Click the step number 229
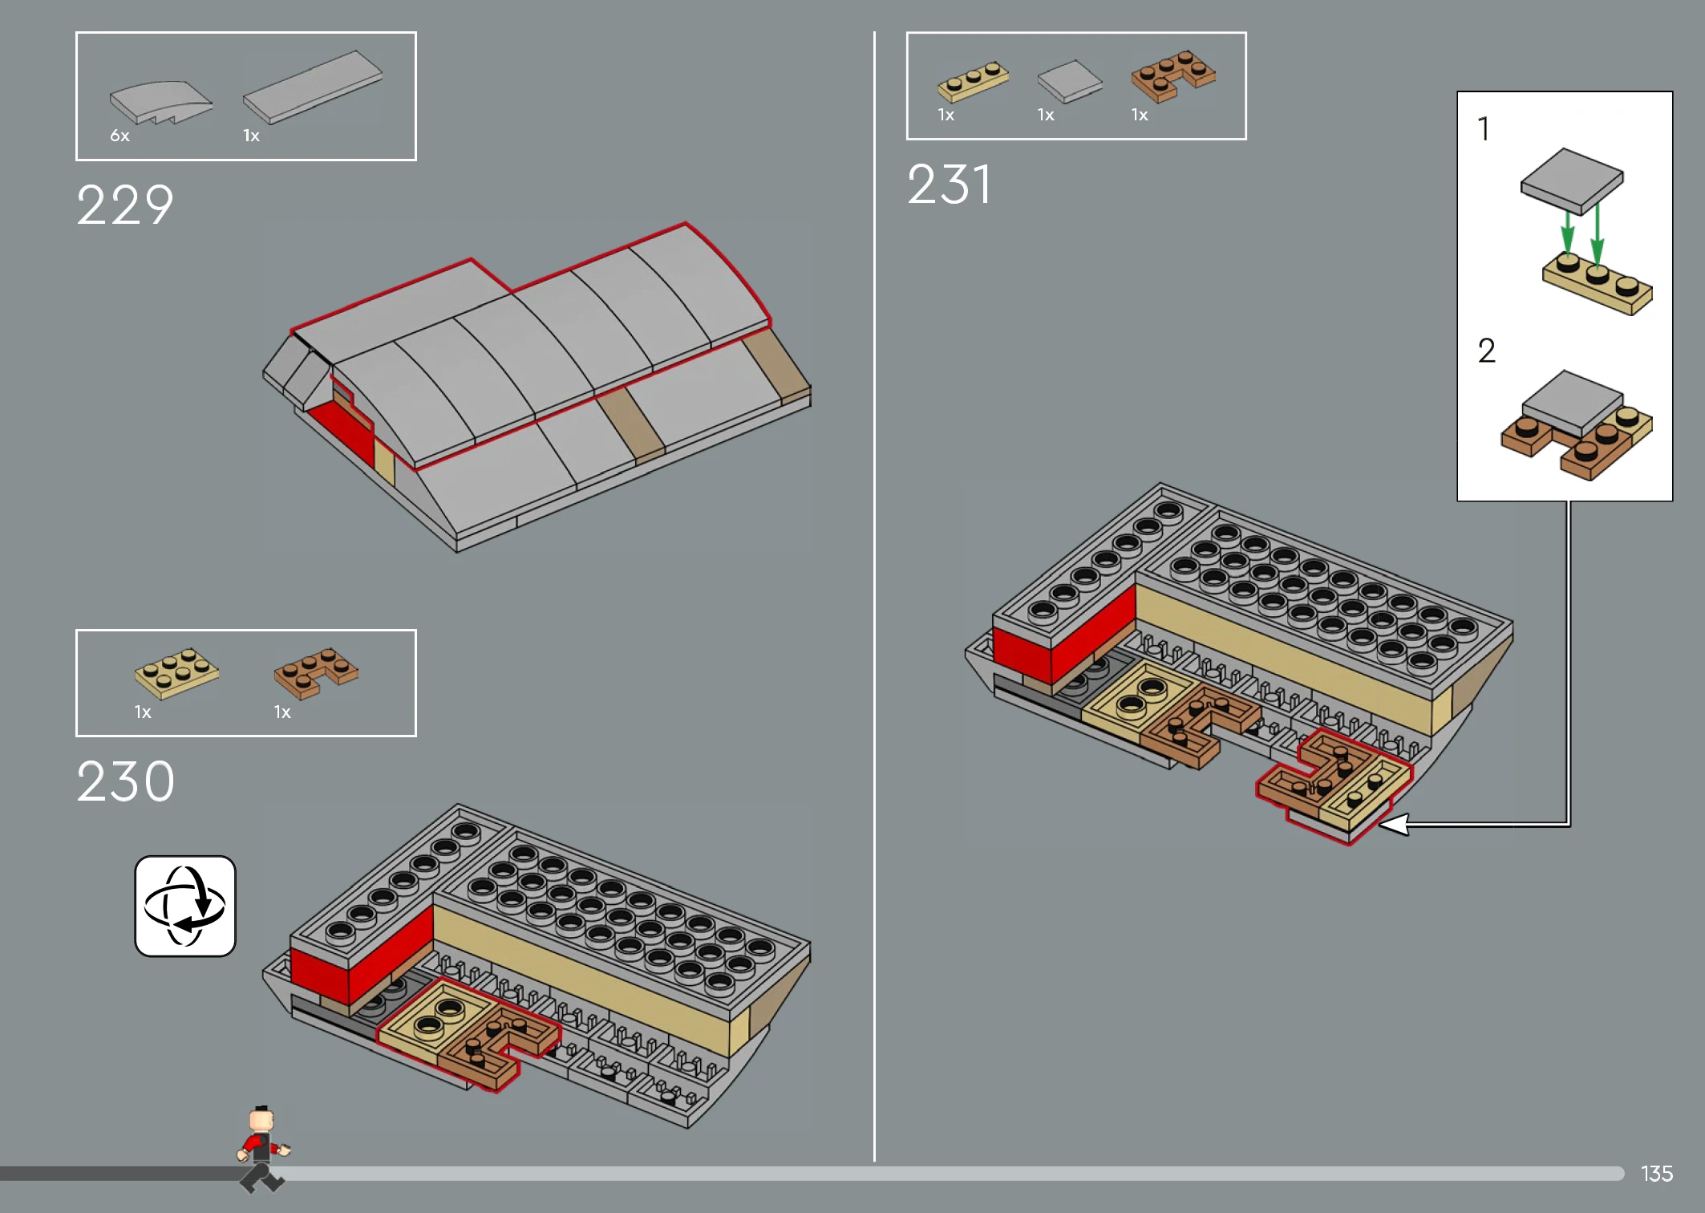[x=125, y=205]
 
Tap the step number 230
[x=126, y=781]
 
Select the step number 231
[x=950, y=185]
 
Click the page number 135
[x=1657, y=1174]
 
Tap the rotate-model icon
[x=185, y=906]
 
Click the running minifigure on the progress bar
[x=262, y=1149]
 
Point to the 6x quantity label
[x=119, y=136]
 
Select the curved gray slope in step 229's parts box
[x=161, y=103]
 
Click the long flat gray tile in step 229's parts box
[x=313, y=87]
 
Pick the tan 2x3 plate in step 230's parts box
[x=176, y=672]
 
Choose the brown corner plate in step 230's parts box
[x=316, y=672]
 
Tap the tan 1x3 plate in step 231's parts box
[x=973, y=81]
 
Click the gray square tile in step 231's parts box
[x=1070, y=82]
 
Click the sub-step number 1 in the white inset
[x=1484, y=128]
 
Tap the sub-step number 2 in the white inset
[x=1486, y=351]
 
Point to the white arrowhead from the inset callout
[x=1394, y=824]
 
